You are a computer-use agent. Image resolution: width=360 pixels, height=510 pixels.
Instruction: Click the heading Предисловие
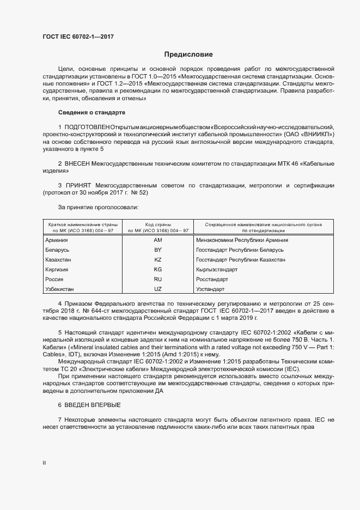(x=188, y=54)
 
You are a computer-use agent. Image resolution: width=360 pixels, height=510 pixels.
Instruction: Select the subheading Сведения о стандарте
(x=91, y=112)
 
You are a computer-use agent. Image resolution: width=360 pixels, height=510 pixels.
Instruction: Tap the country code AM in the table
(x=158, y=240)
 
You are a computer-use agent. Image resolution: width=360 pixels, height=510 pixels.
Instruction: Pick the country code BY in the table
(x=158, y=250)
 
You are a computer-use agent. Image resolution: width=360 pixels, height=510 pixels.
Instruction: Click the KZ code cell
(x=158, y=260)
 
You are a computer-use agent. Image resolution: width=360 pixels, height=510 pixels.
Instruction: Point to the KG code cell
(x=158, y=270)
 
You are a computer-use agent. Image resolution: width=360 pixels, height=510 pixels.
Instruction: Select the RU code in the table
(x=158, y=279)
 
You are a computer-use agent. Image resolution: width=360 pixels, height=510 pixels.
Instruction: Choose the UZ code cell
(x=158, y=289)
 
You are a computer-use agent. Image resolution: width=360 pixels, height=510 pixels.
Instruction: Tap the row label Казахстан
(x=58, y=260)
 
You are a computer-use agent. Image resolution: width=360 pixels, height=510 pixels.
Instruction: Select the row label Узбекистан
(x=59, y=289)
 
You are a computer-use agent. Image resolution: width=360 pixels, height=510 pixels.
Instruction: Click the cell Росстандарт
(x=212, y=279)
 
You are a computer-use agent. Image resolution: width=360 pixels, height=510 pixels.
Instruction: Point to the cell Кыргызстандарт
(x=217, y=270)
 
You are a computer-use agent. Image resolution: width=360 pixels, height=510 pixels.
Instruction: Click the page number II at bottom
(x=44, y=463)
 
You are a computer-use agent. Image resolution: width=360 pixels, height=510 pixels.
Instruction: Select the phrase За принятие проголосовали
(x=98, y=207)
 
